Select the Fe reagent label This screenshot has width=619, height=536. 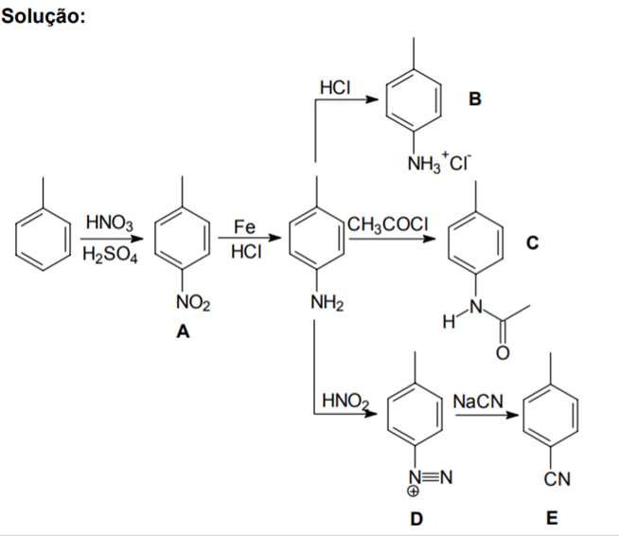(245, 226)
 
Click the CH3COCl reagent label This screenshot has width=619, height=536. (389, 225)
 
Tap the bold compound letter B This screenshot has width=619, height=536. (475, 98)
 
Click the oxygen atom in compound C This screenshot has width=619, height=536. (503, 353)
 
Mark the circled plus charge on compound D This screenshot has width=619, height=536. (415, 491)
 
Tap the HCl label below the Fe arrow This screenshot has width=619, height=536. (245, 252)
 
